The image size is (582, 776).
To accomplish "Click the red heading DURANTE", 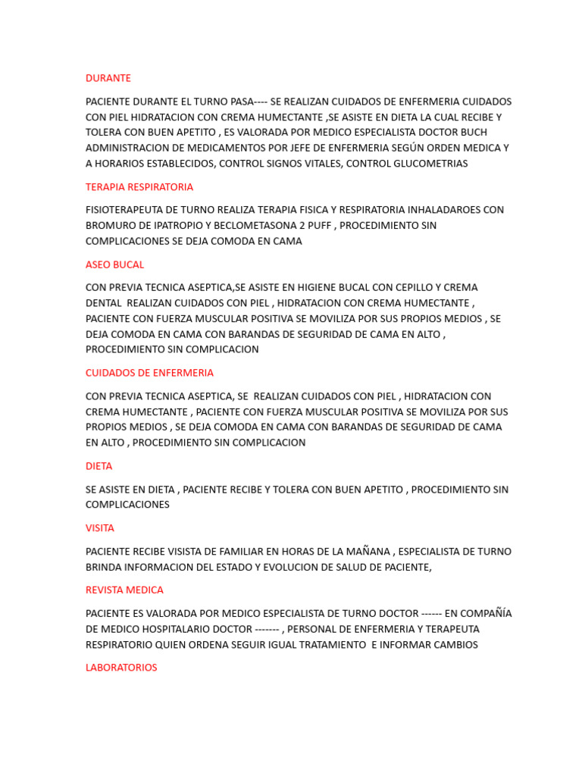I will pos(108,78).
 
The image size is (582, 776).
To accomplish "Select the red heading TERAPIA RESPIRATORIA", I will pos(139,186).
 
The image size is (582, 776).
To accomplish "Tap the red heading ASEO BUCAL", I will pos(114,264).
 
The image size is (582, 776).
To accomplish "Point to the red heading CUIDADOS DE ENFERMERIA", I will pos(149,373).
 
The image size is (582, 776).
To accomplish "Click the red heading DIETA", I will pos(99,466).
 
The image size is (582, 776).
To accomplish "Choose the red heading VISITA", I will pos(100,528).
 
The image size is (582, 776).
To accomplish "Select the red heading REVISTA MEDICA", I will pos(124,590).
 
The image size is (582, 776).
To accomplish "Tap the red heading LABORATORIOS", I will pos(121,668).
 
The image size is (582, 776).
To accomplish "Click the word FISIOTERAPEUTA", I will pos(126,210).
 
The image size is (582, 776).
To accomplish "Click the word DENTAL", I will pos(103,303).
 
